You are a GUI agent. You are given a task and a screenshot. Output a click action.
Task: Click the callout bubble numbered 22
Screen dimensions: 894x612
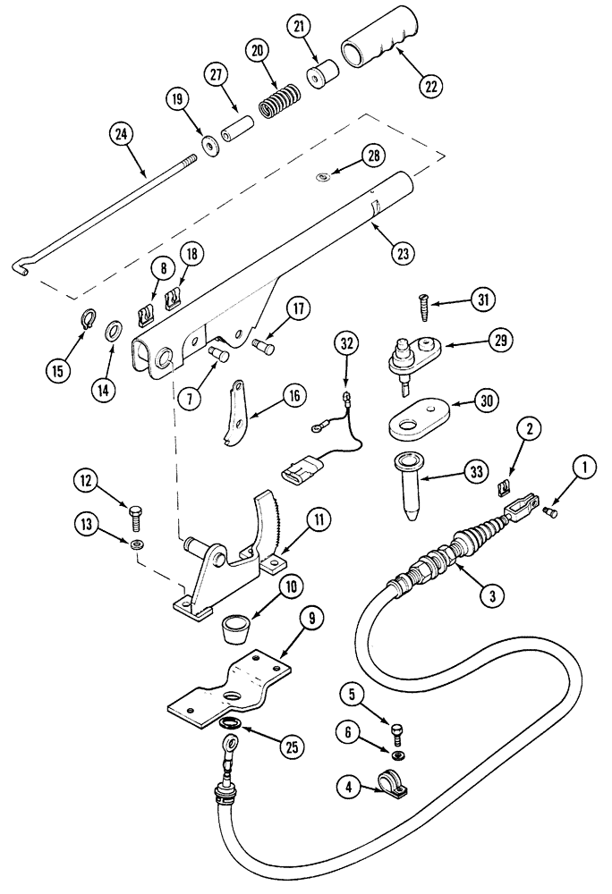point(431,86)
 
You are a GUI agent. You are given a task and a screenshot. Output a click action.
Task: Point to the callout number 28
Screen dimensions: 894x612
point(370,156)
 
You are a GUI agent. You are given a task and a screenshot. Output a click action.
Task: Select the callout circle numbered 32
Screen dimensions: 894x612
point(347,342)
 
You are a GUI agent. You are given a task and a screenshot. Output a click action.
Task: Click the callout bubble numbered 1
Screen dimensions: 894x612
point(586,465)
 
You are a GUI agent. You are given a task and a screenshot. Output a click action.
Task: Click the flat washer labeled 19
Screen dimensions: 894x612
point(212,144)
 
